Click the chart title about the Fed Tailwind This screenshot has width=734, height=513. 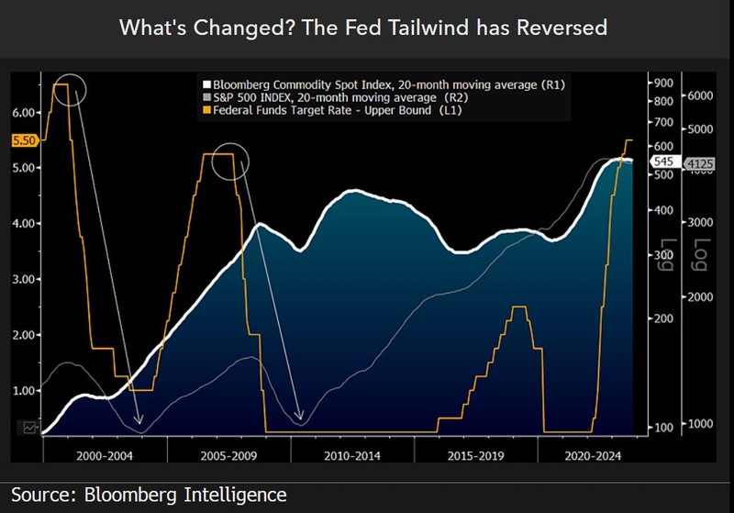(363, 28)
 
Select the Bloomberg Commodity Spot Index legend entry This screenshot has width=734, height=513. (386, 84)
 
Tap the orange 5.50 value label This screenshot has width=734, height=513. (24, 140)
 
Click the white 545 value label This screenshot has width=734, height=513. (663, 162)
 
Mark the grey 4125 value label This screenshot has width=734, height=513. (700, 163)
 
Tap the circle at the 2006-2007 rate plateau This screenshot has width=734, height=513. (230, 161)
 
